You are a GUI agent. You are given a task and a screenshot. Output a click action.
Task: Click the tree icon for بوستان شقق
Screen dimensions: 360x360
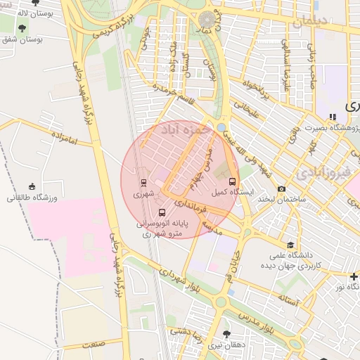[24, 29]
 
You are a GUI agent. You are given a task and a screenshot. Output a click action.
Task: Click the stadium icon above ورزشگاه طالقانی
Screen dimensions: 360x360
[31, 186]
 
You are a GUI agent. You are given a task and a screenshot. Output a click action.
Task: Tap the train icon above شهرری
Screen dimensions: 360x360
[144, 181]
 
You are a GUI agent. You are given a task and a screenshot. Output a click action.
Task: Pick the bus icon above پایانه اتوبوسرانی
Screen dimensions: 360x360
[162, 212]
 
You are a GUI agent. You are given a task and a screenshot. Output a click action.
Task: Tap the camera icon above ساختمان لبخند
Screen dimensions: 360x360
[282, 188]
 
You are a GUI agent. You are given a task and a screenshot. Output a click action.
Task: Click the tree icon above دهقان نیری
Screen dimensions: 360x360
[226, 334]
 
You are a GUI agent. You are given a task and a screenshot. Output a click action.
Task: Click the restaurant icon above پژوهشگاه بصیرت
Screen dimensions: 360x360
[331, 116]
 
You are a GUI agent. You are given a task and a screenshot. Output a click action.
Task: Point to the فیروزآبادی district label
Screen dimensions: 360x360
[318, 172]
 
